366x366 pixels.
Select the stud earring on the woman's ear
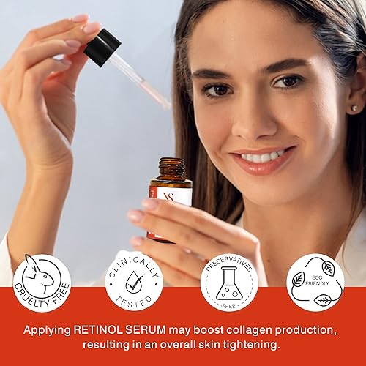(x=356, y=108)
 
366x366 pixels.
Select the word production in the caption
(x=305, y=330)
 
